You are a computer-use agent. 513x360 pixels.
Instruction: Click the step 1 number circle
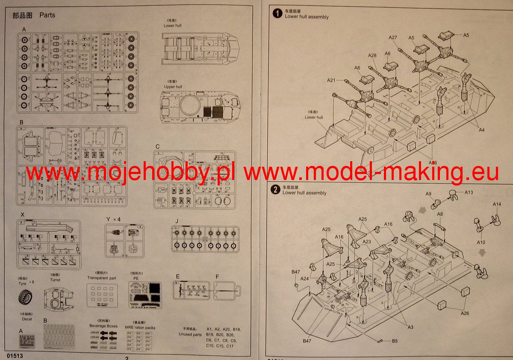click(277, 14)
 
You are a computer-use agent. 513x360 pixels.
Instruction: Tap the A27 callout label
click(393, 38)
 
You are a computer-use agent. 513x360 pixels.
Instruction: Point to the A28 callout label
click(372, 56)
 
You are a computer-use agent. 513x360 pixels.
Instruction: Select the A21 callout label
click(332, 80)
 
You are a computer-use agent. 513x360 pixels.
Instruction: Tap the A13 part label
click(468, 192)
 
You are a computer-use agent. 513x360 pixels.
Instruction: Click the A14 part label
click(496, 204)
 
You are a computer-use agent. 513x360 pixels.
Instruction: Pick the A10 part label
click(481, 242)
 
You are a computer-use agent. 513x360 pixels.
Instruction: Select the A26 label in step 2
click(465, 313)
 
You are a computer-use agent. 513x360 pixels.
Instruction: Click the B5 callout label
click(395, 341)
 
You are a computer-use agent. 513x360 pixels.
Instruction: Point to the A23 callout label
click(367, 242)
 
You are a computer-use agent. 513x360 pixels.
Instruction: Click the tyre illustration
click(27, 298)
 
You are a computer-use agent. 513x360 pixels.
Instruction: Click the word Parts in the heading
click(47, 15)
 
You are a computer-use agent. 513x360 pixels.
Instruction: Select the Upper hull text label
click(173, 87)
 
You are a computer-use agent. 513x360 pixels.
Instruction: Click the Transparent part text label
click(101, 277)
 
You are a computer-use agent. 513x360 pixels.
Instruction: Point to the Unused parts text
click(190, 334)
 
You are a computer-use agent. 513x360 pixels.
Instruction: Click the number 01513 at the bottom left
click(15, 356)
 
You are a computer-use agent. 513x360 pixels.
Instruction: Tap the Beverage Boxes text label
click(103, 326)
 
